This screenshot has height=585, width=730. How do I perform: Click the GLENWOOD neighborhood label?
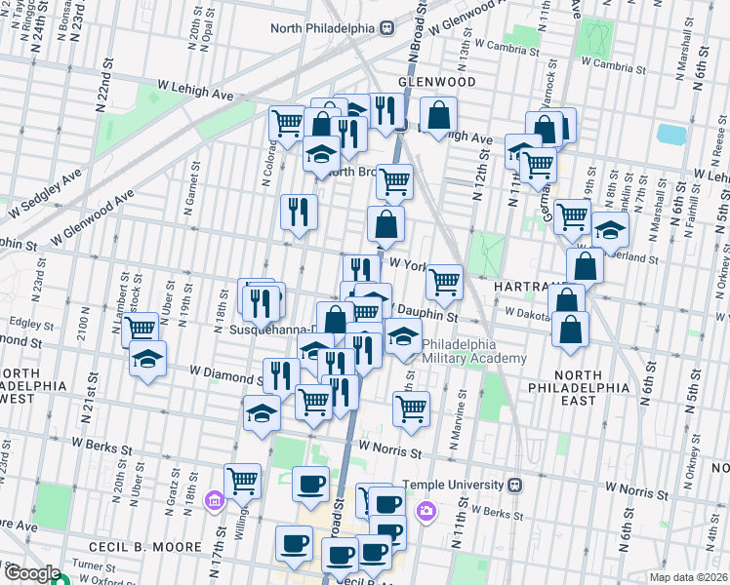[436, 82]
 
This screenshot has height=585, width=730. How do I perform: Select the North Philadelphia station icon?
[386, 28]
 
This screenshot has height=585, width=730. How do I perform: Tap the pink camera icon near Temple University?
[426, 510]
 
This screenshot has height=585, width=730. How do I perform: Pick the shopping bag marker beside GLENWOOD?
[439, 115]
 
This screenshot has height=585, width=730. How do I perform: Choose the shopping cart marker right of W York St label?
[444, 282]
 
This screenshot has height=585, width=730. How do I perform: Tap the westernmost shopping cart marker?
[141, 328]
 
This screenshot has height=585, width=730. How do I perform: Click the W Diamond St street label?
[225, 371]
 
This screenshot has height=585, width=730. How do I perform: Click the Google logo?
[31, 572]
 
